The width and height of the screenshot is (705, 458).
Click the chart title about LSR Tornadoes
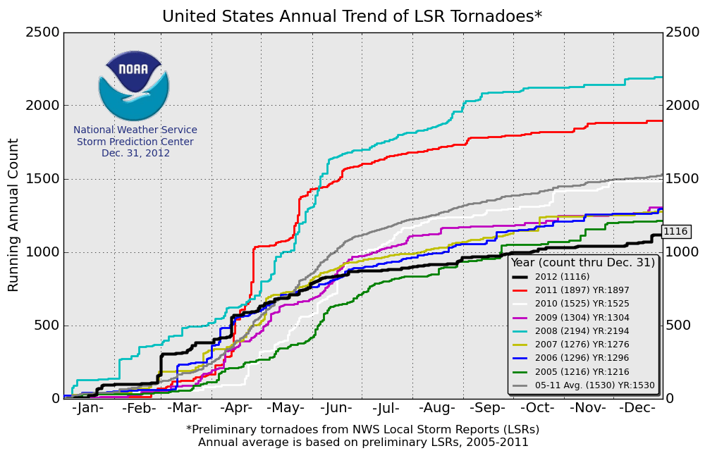pos(352,16)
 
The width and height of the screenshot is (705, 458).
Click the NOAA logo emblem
pos(134,85)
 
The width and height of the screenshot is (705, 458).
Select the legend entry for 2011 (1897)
pos(582,290)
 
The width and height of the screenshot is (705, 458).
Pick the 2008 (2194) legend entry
pos(582,330)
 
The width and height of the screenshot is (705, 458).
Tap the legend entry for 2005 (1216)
pos(582,371)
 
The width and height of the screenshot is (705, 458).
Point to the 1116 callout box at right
pos(675,231)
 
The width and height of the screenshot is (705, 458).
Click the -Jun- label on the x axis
pos(336,408)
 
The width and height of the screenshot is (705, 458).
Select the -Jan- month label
pos(88,408)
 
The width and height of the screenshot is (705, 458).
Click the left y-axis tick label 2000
pos(44,106)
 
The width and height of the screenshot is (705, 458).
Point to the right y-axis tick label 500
pos(678,326)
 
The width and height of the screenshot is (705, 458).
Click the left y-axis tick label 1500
pos(44,179)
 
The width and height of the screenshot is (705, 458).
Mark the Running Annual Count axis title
pos(14,215)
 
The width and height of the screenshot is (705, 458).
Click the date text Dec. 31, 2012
pos(135,153)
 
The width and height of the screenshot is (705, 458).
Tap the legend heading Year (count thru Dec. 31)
pos(583,263)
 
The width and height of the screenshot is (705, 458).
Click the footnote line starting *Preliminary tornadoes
pos(362,429)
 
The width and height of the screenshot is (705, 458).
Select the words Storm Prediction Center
pos(135,142)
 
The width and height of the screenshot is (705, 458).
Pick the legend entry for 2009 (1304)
pos(582,317)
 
